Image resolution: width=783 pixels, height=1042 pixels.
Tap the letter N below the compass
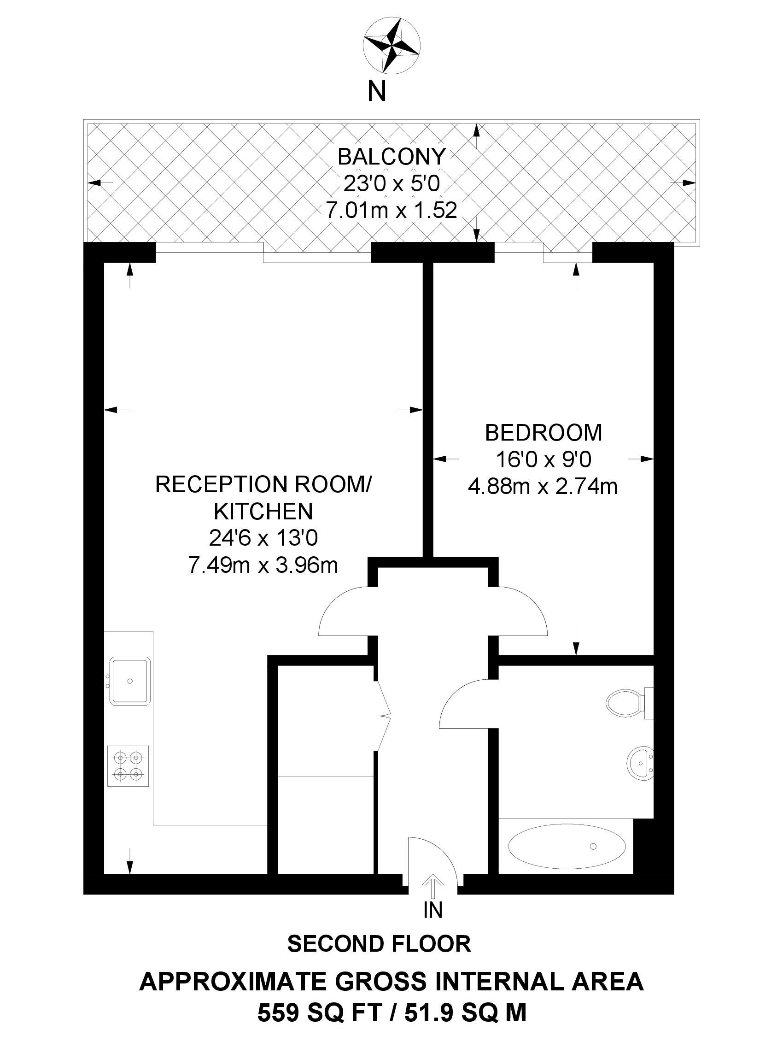tap(377, 92)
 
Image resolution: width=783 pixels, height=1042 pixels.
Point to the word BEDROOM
tap(543, 432)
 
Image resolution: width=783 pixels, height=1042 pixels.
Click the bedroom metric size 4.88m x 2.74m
tap(543, 487)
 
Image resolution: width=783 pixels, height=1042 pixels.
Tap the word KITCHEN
tap(263, 511)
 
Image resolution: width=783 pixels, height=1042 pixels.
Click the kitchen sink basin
tap(130, 681)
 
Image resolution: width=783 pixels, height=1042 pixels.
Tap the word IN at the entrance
tap(432, 910)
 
